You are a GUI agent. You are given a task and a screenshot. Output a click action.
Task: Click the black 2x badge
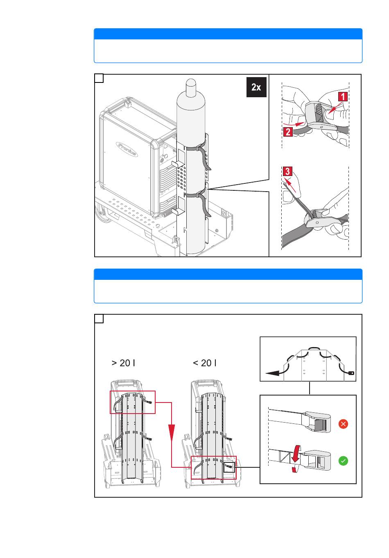pyautogui.click(x=256, y=87)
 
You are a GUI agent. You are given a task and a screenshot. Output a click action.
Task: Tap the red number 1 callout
pyautogui.click(x=342, y=96)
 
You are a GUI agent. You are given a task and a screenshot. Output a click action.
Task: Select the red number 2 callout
pyautogui.click(x=288, y=132)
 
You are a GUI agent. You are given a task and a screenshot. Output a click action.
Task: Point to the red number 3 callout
pyautogui.click(x=287, y=172)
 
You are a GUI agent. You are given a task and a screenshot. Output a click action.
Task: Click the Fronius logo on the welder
pyautogui.click(x=127, y=149)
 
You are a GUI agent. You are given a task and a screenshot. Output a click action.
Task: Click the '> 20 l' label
pyautogui.click(x=123, y=363)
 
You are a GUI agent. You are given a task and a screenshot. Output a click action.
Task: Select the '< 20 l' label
pyautogui.click(x=204, y=363)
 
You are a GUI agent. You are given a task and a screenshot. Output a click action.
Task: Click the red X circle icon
pyautogui.click(x=343, y=424)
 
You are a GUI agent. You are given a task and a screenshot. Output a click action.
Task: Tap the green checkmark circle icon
pyautogui.click(x=343, y=461)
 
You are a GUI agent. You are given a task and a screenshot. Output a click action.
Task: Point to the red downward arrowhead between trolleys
pyautogui.click(x=172, y=433)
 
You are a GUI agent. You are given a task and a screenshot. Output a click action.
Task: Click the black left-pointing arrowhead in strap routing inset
pyautogui.click(x=272, y=373)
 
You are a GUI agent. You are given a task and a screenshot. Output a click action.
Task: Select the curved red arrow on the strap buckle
pyautogui.click(x=296, y=458)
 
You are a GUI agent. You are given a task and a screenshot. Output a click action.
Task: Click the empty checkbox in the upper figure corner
pyautogui.click(x=99, y=78)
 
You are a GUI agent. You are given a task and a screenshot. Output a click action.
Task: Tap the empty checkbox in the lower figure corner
pyautogui.click(x=99, y=319)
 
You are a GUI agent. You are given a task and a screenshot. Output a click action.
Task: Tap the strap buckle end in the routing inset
pyautogui.click(x=351, y=373)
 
